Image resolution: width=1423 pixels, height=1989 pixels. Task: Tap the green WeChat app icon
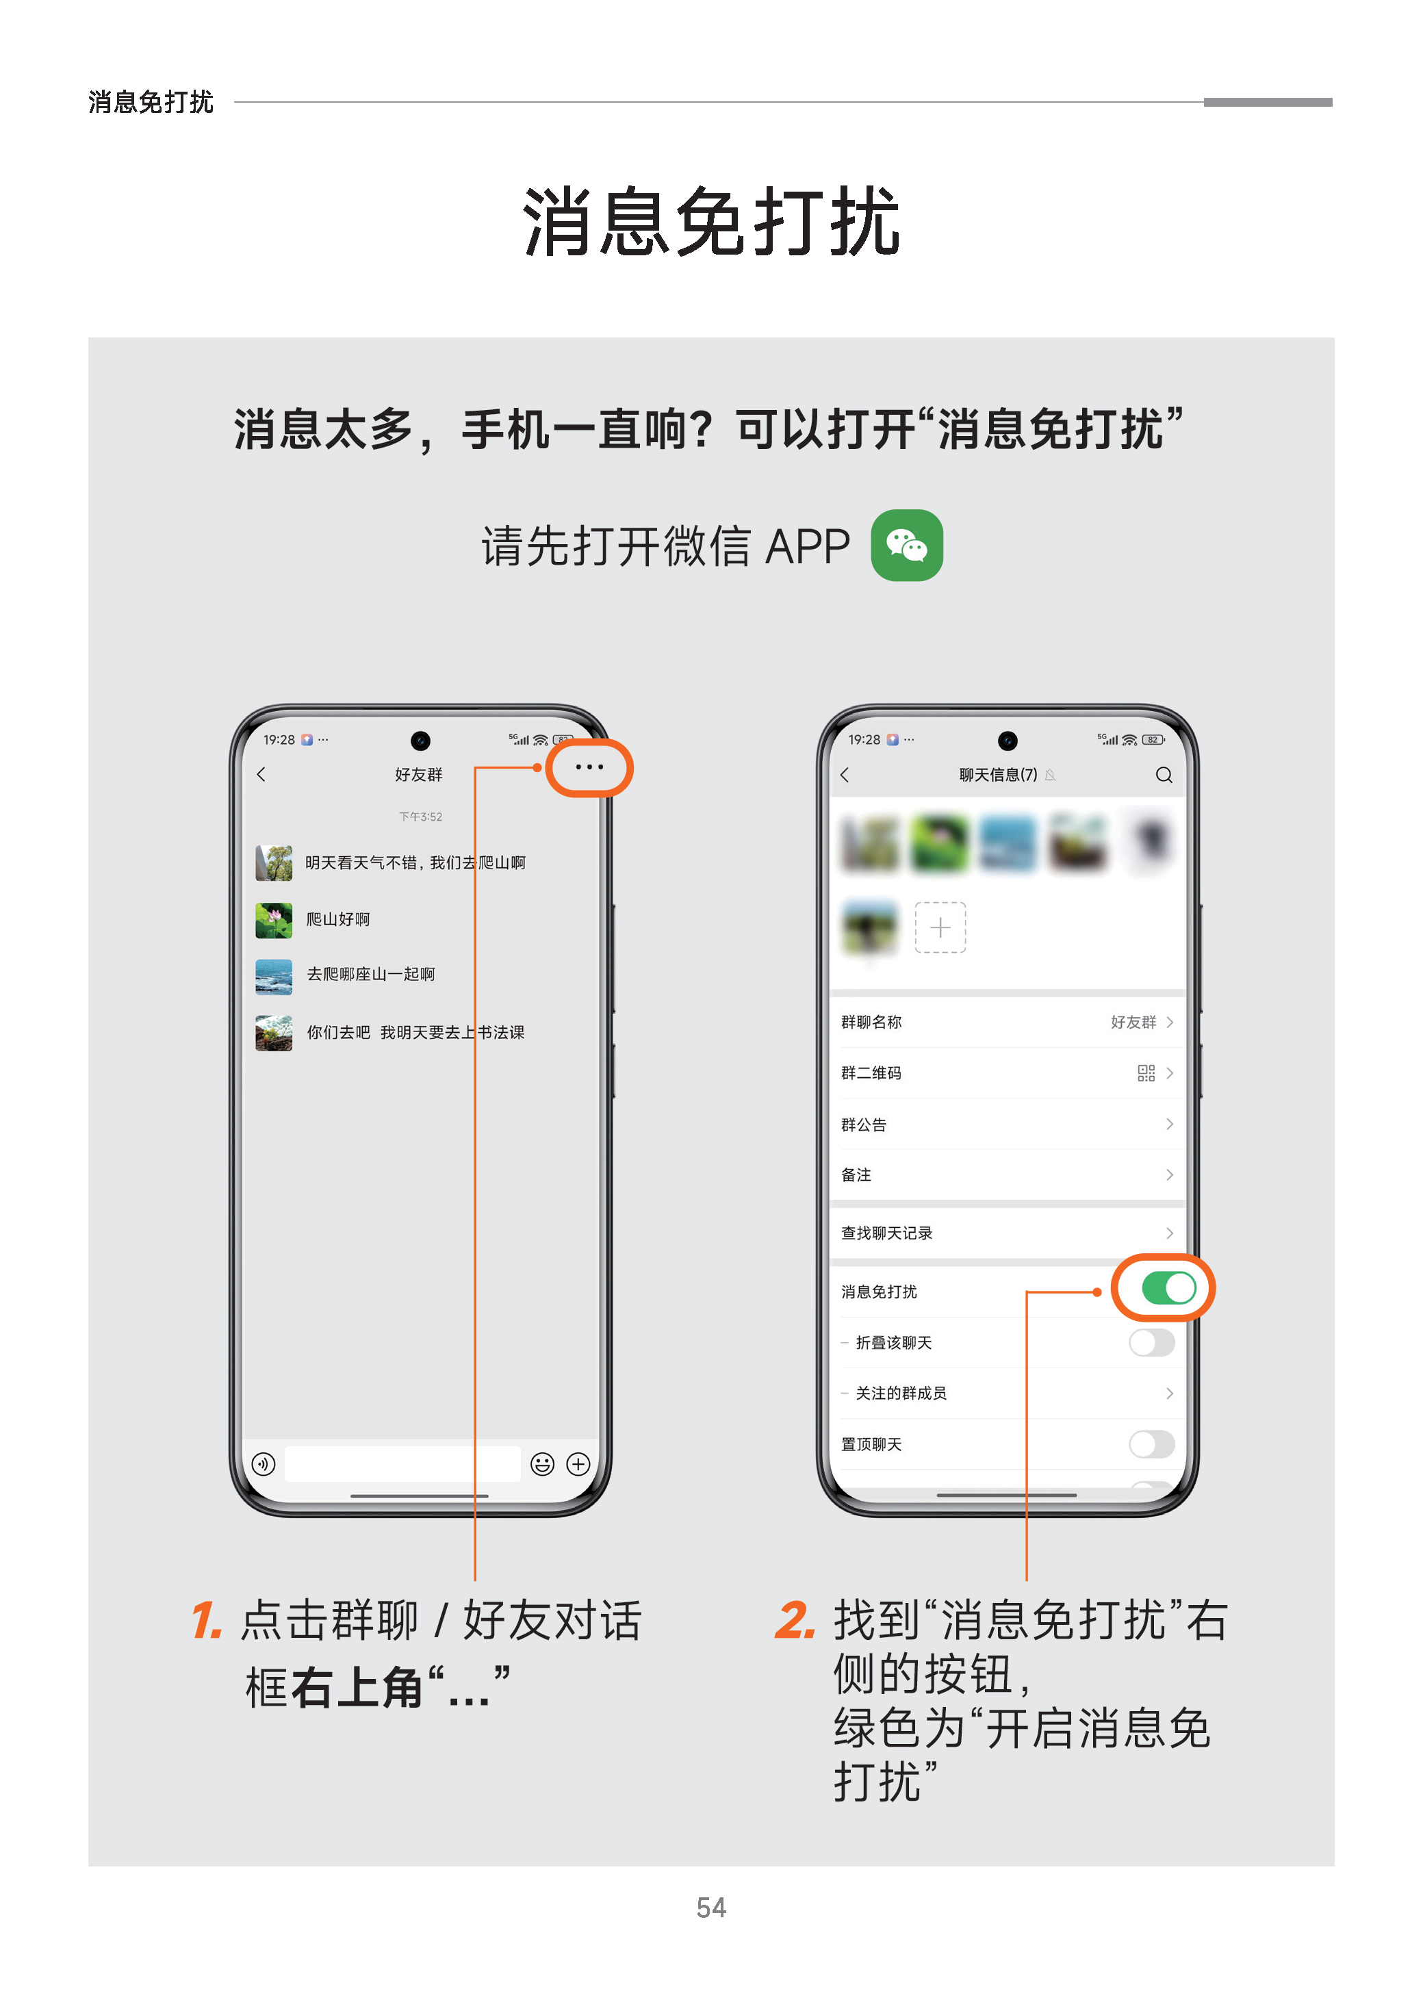[906, 545]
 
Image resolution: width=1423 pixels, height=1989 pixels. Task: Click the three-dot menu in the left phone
[589, 767]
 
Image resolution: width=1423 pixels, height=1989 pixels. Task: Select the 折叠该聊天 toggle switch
[1151, 1342]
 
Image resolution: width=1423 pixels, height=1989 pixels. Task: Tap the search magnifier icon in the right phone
[1163, 775]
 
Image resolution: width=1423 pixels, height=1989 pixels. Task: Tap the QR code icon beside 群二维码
[1145, 1073]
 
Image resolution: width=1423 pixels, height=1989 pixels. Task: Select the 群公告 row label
[863, 1124]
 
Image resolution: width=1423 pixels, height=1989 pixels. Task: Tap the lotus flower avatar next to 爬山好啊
[273, 919]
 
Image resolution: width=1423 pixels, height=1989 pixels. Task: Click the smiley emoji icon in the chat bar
[542, 1463]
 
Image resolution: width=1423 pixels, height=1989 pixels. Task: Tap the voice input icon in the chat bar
[263, 1463]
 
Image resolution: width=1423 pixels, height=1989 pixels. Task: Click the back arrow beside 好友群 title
[260, 773]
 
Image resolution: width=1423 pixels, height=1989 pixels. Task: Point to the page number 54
[710, 1908]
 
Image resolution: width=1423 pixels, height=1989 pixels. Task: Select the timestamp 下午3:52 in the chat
[420, 817]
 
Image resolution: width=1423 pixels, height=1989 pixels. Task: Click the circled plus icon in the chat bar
[578, 1463]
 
